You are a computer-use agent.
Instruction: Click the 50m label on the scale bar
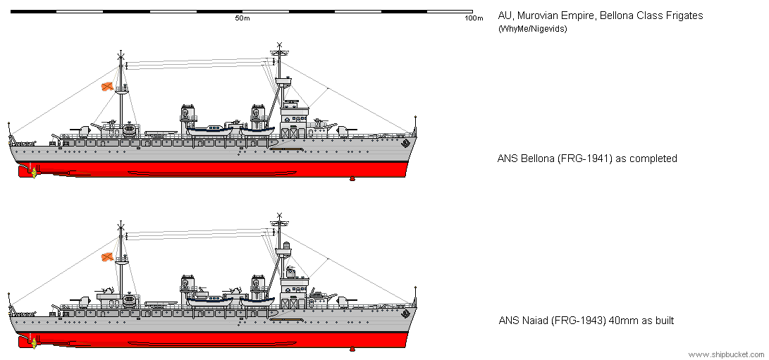(242, 18)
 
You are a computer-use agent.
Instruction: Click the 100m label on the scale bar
(474, 18)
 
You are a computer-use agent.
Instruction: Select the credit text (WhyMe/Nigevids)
(533, 29)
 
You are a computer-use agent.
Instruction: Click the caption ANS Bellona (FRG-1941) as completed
(587, 159)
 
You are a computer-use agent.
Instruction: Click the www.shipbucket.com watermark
(727, 354)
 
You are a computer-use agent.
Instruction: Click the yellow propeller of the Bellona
(34, 172)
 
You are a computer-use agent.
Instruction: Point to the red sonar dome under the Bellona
(352, 178)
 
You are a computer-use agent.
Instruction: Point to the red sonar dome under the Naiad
(352, 348)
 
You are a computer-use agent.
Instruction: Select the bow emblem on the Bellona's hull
(405, 144)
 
